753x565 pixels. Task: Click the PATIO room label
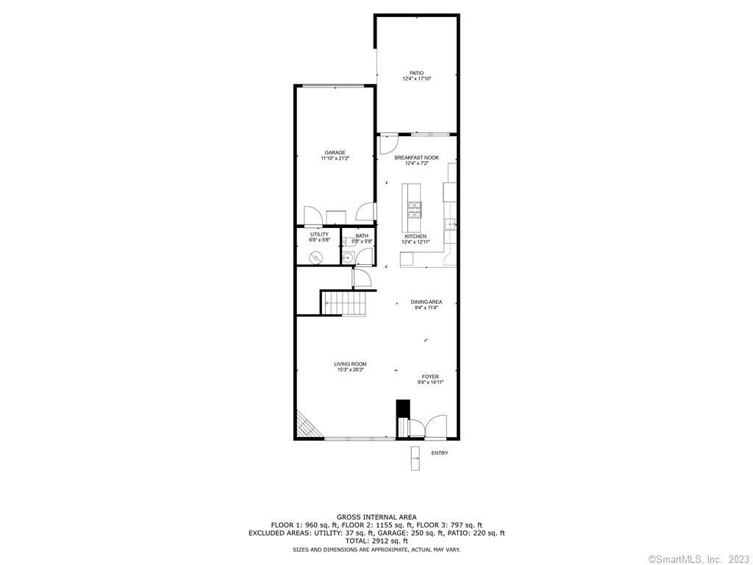click(x=416, y=73)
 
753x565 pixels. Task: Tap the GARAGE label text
click(x=335, y=153)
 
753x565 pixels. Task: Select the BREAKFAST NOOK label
click(x=416, y=157)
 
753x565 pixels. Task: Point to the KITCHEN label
click(x=415, y=236)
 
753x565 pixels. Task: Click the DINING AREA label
click(x=427, y=302)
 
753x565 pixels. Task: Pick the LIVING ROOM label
click(x=350, y=364)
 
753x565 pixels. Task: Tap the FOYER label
click(x=430, y=377)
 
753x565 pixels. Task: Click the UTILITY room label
click(x=319, y=235)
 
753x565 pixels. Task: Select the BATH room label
click(x=362, y=236)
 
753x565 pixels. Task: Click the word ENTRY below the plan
click(x=440, y=453)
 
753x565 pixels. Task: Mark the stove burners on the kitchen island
click(x=415, y=210)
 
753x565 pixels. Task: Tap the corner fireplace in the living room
click(x=307, y=424)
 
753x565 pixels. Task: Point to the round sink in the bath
click(x=348, y=258)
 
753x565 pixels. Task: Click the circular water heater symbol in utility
click(x=316, y=258)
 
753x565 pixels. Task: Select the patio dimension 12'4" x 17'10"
click(x=417, y=78)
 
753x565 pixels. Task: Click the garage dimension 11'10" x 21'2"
click(x=335, y=158)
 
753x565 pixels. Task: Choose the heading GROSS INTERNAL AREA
click(x=376, y=517)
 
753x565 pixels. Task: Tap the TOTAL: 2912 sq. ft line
click(x=376, y=541)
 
